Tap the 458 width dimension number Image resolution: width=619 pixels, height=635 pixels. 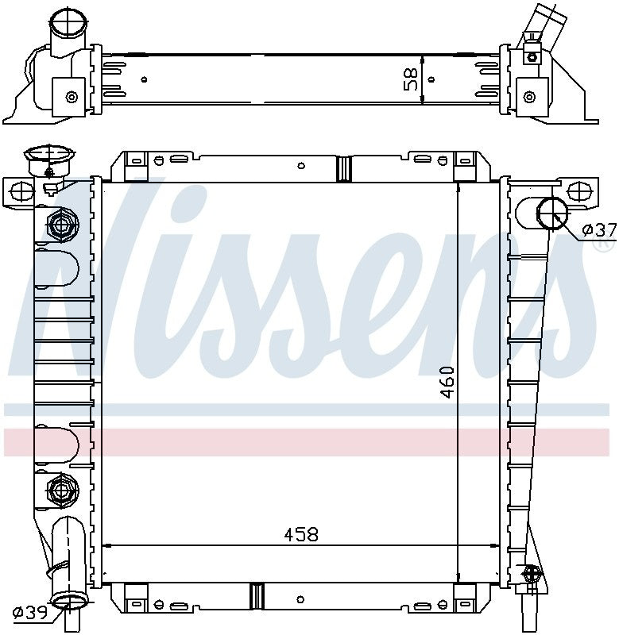tap(301, 534)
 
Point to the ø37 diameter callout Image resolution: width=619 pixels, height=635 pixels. tap(598, 230)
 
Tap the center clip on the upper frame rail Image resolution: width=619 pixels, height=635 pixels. tap(344, 167)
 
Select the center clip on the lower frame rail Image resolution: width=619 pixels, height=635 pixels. tap(256, 594)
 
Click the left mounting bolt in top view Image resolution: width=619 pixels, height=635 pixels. tap(72, 97)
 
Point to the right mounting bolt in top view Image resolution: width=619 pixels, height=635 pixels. tap(528, 96)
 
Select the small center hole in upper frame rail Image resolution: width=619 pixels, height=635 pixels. tap(300, 166)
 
